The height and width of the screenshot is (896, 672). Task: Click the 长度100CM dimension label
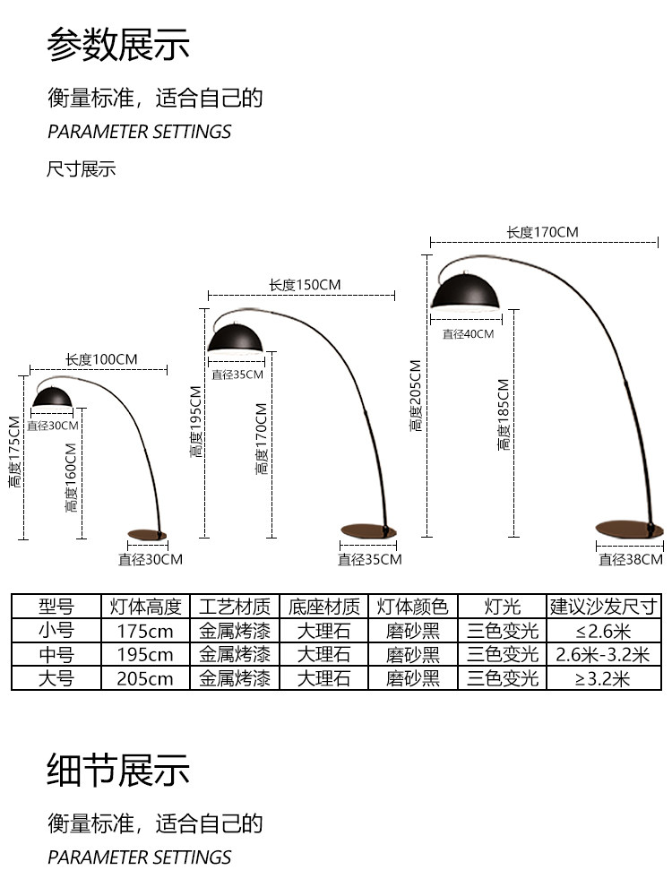[101, 359]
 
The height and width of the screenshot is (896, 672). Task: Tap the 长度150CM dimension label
[305, 285]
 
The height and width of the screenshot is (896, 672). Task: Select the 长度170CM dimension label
[542, 232]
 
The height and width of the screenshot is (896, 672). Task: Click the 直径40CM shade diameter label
[468, 334]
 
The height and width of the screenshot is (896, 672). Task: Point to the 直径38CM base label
[631, 560]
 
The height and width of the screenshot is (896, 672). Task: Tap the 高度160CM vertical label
[71, 478]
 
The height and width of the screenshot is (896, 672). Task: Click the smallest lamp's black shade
[54, 395]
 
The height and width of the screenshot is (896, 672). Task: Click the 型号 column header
[56, 607]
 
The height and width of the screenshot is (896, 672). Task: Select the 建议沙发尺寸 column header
[605, 607]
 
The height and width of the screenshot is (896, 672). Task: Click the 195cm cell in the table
[145, 655]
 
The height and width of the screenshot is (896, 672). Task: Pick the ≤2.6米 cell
[605, 631]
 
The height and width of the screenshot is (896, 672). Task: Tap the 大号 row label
[56, 678]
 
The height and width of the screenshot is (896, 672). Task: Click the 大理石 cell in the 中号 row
[323, 655]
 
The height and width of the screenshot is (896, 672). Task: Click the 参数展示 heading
[119, 45]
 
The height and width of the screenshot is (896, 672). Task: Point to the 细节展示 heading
[119, 770]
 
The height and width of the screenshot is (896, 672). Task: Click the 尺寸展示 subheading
[82, 169]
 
